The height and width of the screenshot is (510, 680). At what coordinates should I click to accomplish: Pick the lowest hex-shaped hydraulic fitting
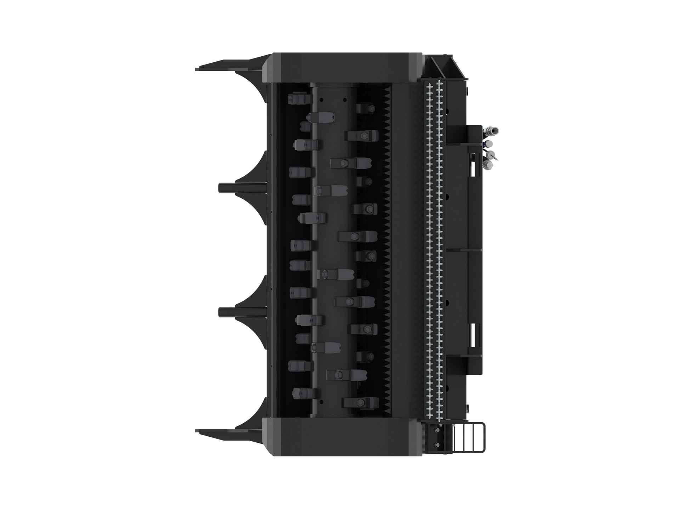[488, 164]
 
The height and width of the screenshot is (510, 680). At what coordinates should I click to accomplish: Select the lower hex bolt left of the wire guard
[436, 445]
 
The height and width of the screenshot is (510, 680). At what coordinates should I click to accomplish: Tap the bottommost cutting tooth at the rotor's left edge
[301, 392]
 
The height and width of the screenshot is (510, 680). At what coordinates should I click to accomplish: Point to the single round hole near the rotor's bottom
[321, 402]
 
